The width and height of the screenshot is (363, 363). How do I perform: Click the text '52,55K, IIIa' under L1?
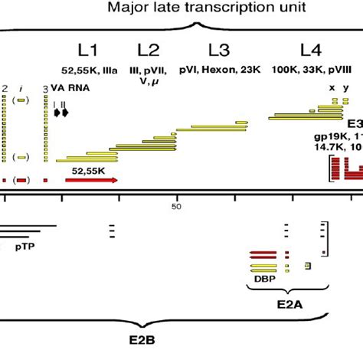(x=89, y=70)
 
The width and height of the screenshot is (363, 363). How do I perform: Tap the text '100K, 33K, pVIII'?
(x=310, y=70)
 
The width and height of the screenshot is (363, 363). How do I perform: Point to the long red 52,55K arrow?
(x=91, y=180)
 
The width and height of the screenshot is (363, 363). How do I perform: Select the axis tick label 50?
(x=177, y=207)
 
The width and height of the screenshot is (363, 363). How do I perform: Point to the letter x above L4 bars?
(x=332, y=87)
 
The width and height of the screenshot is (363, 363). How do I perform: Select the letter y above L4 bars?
(x=345, y=87)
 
